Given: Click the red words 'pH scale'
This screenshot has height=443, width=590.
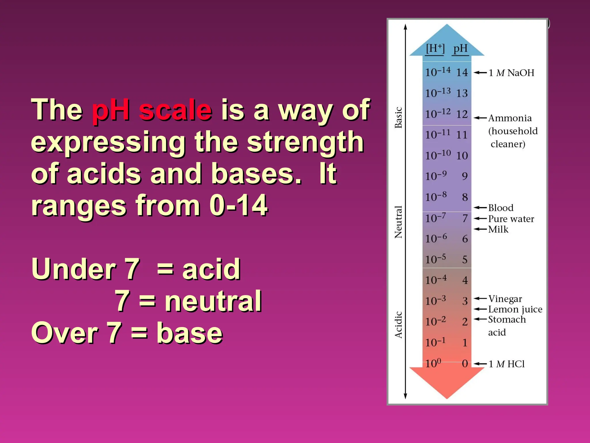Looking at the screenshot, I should pyautogui.click(x=152, y=110).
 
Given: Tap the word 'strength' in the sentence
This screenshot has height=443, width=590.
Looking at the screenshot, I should pyautogui.click(x=305, y=142).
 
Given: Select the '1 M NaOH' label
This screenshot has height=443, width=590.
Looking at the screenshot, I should pyautogui.click(x=511, y=73).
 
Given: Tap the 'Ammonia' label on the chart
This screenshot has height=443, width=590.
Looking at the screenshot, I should pyautogui.click(x=510, y=118).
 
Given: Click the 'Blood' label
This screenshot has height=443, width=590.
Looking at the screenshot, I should pyautogui.click(x=501, y=208).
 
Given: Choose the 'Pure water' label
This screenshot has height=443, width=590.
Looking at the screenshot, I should pyautogui.click(x=511, y=219).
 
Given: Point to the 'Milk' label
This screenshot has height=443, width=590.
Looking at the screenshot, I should pyautogui.click(x=498, y=229).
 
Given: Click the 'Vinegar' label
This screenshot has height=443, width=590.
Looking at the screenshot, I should pyautogui.click(x=505, y=299).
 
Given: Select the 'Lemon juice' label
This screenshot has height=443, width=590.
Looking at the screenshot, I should pyautogui.click(x=515, y=309).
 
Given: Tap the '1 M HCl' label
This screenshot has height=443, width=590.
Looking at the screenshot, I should pyautogui.click(x=507, y=364).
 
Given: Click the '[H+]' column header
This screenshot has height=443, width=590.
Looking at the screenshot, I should pyautogui.click(x=435, y=48).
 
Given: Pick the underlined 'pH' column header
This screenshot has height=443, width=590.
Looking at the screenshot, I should pyautogui.click(x=460, y=48).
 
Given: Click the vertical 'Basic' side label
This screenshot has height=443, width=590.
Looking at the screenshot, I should pyautogui.click(x=398, y=117).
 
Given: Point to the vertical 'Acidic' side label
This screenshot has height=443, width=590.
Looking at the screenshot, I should pyautogui.click(x=398, y=324).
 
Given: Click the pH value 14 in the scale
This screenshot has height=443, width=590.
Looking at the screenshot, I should pyautogui.click(x=462, y=72).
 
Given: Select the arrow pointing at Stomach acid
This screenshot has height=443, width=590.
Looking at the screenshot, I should pyautogui.click(x=480, y=319).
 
